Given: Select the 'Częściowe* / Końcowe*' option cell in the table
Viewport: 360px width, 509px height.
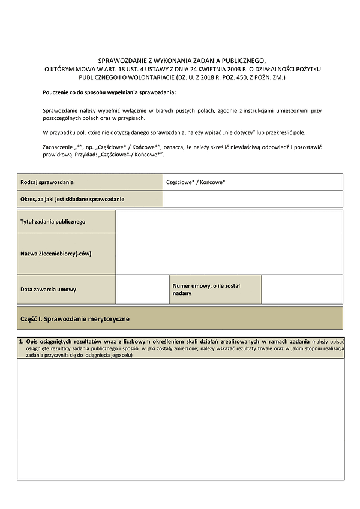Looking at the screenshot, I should pos(253,182).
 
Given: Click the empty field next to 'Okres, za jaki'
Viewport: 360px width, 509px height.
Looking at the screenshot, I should pos(253,199).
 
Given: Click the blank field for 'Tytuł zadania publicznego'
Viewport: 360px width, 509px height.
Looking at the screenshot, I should pos(229,221).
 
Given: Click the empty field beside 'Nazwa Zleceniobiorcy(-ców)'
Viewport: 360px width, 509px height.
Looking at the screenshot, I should pos(229,254).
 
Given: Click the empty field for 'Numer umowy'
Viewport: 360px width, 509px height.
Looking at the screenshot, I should pos(302,290).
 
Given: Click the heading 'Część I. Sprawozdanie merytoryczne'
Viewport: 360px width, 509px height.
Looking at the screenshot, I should pos(75,318).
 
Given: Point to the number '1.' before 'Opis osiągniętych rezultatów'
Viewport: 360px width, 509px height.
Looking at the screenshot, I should pos(21,341).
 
